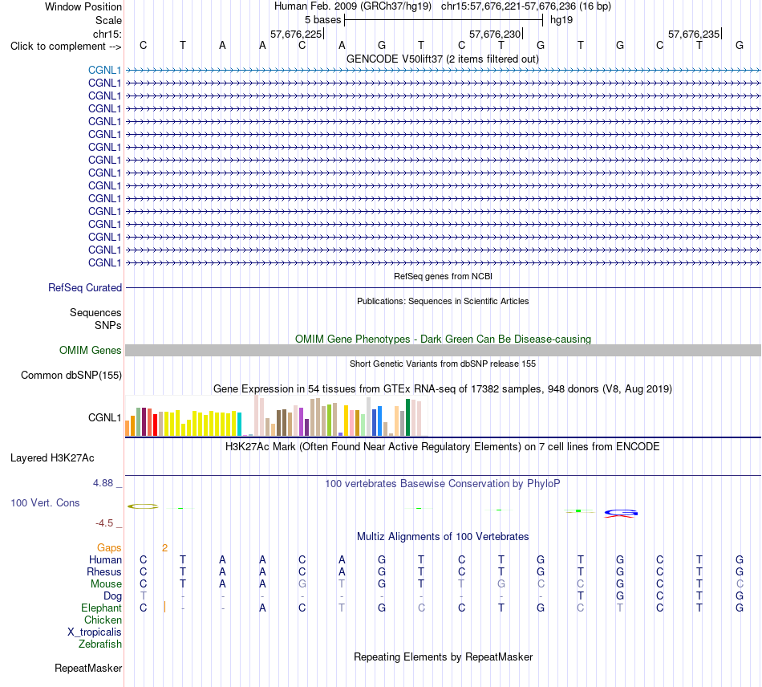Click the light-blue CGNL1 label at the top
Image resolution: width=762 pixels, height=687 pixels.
click(104, 70)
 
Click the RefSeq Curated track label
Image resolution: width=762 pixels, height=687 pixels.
click(85, 287)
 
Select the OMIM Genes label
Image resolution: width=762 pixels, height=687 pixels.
click(91, 350)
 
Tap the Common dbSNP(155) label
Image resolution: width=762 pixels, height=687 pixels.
click(71, 375)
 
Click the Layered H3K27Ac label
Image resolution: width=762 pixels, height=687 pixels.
click(52, 457)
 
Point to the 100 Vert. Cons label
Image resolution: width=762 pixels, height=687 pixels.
click(45, 502)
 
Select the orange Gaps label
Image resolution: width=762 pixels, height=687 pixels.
click(109, 548)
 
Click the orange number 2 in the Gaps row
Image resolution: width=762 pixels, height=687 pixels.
click(164, 548)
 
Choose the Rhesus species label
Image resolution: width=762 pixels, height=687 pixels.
click(104, 571)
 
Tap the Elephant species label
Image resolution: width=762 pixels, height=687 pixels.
click(102, 608)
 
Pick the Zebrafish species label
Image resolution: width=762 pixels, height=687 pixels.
click(100, 644)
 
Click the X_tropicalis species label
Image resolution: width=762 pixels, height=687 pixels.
click(95, 632)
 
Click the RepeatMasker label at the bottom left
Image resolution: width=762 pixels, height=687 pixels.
click(88, 668)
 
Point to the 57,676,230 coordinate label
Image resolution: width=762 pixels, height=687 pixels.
click(495, 34)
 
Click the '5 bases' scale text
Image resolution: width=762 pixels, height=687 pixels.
click(323, 20)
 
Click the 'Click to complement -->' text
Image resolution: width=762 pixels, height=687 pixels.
click(66, 47)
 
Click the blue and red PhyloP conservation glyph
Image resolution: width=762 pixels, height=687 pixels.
click(621, 513)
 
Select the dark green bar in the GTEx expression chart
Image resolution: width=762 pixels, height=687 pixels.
click(408, 417)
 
